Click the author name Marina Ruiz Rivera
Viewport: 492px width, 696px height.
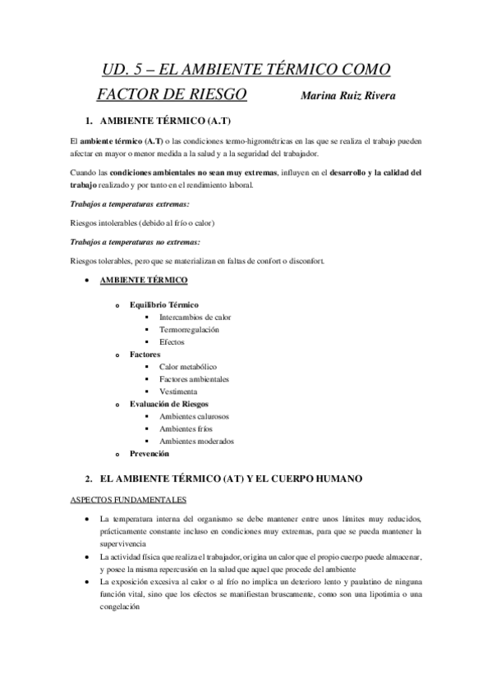349,96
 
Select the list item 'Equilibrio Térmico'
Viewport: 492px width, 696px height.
164,304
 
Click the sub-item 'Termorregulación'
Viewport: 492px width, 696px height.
189,329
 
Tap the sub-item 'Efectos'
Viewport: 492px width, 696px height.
172,341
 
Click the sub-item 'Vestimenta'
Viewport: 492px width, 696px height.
178,391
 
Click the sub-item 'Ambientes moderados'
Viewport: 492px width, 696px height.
196,441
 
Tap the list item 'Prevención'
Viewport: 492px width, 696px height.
149,453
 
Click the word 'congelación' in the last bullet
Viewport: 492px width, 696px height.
120,608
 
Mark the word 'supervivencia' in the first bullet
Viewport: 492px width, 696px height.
123,543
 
